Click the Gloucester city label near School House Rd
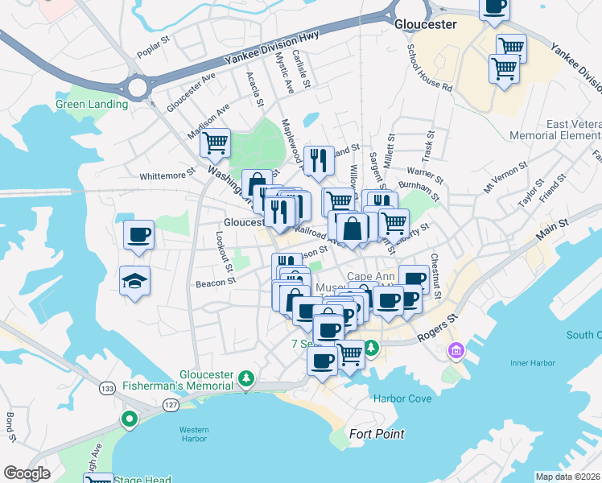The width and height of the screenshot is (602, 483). [425, 24]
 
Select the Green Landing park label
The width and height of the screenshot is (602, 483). [91, 104]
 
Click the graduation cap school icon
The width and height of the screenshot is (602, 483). [135, 281]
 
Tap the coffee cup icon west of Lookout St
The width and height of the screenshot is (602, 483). [138, 235]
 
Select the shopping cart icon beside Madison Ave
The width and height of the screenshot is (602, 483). [215, 143]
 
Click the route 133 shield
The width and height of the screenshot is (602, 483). [107, 388]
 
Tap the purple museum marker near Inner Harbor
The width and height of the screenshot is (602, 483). [456, 351]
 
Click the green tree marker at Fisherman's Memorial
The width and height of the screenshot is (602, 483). [248, 378]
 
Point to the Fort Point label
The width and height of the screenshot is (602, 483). [377, 434]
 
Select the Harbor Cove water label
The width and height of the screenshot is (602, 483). [402, 398]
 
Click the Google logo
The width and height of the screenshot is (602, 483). [27, 473]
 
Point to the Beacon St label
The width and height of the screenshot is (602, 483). [215, 283]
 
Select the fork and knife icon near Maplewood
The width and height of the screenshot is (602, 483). [320, 160]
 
